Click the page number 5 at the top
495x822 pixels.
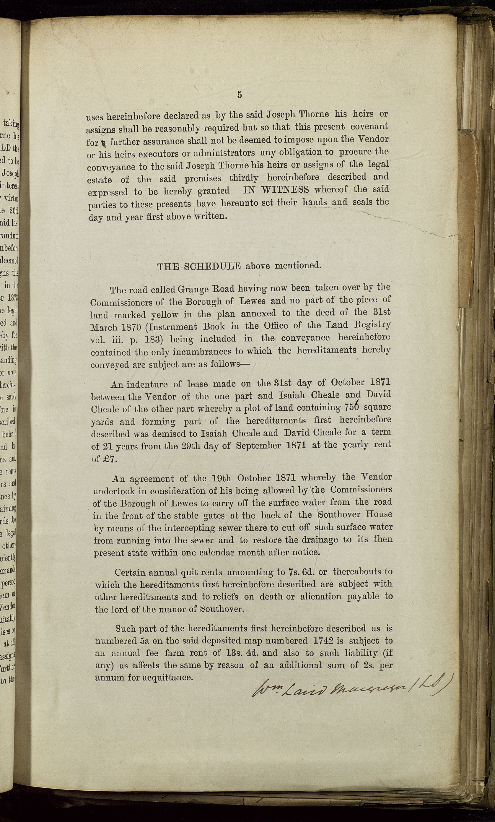[240, 95]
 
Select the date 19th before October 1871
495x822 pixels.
[222, 478]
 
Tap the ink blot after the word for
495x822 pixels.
[104, 143]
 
